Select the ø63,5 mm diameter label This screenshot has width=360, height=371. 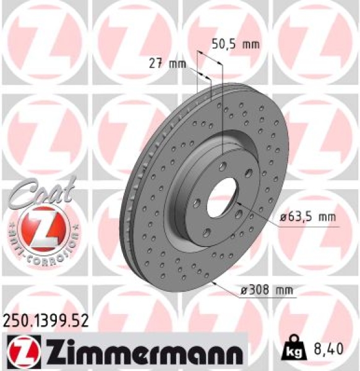(307, 218)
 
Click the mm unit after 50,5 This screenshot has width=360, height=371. (251, 44)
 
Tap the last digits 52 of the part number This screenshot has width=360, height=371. (81, 320)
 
